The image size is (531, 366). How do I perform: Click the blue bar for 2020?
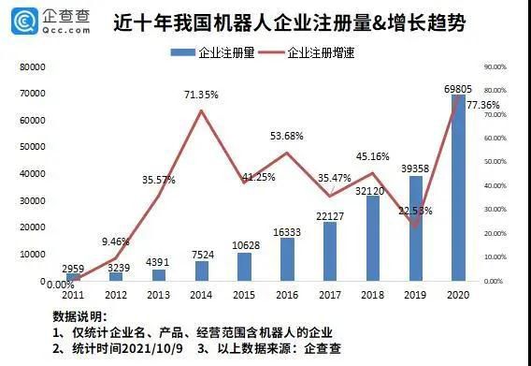point(458,187)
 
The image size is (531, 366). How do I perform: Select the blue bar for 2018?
point(373,238)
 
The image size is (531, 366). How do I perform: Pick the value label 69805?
point(456,88)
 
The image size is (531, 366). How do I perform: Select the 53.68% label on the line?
point(286,137)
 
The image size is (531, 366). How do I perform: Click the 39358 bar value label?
point(414,168)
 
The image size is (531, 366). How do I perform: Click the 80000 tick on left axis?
point(34,67)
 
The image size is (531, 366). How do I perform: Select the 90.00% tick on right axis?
point(494,67)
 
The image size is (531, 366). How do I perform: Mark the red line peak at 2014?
point(202,111)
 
